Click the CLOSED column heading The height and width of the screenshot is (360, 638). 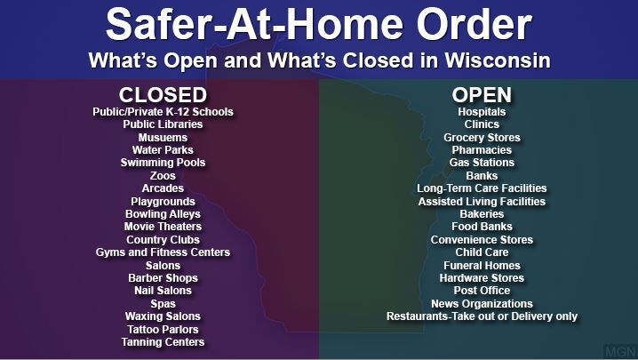163,95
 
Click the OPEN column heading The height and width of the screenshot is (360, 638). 482,95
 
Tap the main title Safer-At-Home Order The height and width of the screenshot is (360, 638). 319,24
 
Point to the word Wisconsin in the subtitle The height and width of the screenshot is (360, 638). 498,60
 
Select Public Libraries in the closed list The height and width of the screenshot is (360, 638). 163,124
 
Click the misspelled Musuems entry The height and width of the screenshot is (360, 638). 163,137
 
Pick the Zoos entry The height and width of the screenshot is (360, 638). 163,175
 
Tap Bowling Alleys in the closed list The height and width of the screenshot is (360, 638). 163,214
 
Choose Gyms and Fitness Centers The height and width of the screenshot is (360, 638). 163,252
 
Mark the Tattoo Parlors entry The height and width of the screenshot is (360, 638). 163,329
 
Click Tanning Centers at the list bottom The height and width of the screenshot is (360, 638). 163,342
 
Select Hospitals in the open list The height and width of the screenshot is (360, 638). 482,112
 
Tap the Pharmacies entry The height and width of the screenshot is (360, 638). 482,150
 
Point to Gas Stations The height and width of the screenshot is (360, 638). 482,163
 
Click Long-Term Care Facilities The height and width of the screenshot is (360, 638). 482,188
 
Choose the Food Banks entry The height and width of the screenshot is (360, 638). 482,227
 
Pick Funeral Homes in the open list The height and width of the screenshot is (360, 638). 482,266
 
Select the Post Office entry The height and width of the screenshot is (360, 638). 482,291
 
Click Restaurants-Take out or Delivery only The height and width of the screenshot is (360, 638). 482,316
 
